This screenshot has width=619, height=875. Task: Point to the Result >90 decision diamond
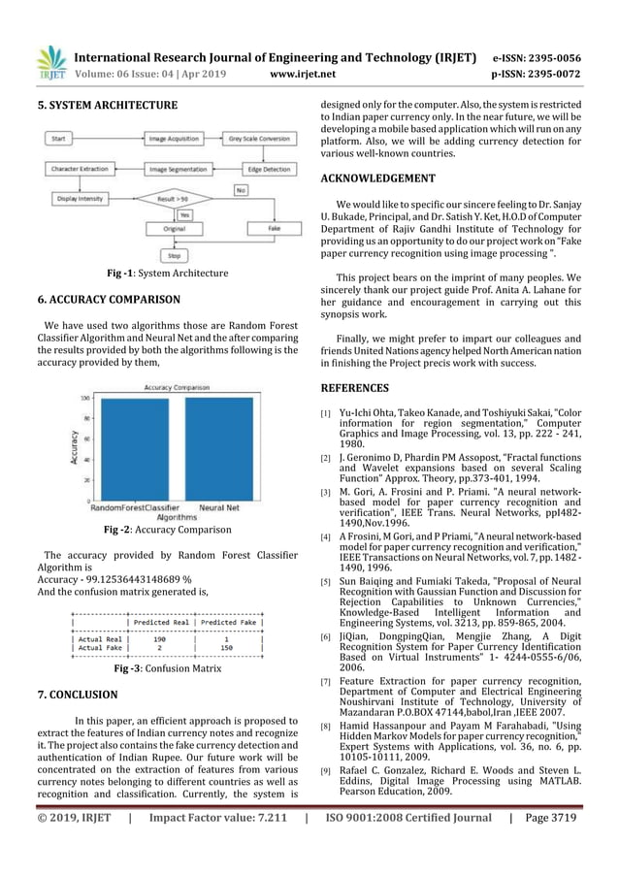[178, 198]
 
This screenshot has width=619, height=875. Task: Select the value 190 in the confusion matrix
[160, 639]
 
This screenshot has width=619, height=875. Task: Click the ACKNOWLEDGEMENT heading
[379, 179]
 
